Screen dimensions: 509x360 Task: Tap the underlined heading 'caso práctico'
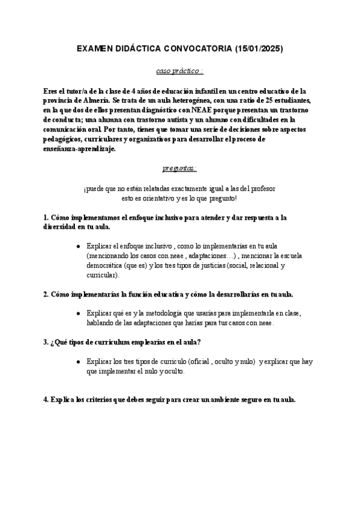pos(179,71)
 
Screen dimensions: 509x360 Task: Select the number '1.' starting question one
pos(46,217)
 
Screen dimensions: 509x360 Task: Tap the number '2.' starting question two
pos(46,294)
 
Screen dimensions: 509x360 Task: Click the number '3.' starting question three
pos(46,342)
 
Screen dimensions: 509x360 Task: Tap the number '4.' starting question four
pos(46,400)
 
